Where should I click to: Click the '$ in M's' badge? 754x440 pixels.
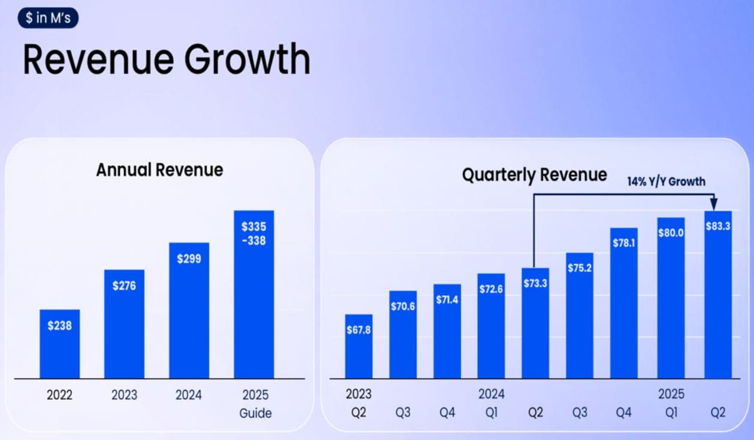pyautogui.click(x=48, y=17)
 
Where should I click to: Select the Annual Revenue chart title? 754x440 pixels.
pyautogui.click(x=159, y=169)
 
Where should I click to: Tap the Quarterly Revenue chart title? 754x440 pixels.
pyautogui.click(x=534, y=175)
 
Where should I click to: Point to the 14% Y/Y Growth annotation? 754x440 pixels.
pyautogui.click(x=666, y=181)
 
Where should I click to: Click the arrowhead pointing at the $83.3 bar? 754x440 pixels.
pyautogui.click(x=714, y=204)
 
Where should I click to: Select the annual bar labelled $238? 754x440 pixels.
pyautogui.click(x=59, y=344)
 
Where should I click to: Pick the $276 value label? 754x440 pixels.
pyautogui.click(x=124, y=286)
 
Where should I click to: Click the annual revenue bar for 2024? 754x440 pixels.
pyautogui.click(x=189, y=311)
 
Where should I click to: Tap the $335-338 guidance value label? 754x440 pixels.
pyautogui.click(x=254, y=233)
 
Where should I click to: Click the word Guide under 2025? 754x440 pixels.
pyautogui.click(x=255, y=413)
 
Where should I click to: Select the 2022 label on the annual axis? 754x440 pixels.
pyautogui.click(x=59, y=395)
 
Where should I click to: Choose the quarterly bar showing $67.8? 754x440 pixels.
pyautogui.click(x=358, y=347)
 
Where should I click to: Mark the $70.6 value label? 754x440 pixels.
pyautogui.click(x=403, y=307)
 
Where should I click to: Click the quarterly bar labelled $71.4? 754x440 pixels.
pyautogui.click(x=447, y=332)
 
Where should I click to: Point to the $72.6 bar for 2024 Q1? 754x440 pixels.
pyautogui.click(x=491, y=326)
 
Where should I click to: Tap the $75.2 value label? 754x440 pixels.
pyautogui.click(x=580, y=268)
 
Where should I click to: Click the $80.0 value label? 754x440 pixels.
pyautogui.click(x=671, y=233)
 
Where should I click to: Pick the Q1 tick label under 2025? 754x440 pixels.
pyautogui.click(x=671, y=413)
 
